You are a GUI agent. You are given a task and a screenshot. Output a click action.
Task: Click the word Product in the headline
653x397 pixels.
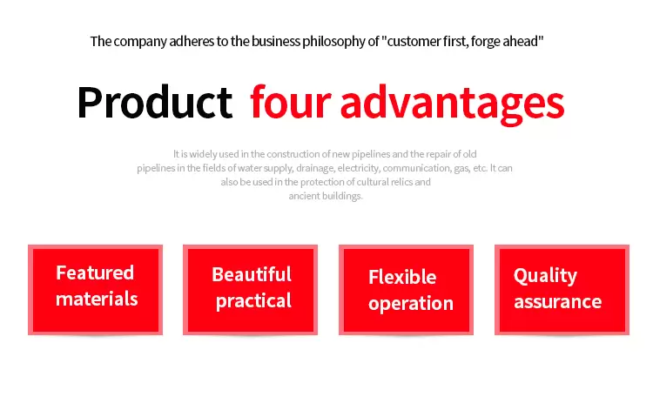tap(154, 103)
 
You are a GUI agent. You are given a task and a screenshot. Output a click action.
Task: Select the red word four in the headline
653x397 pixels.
tap(290, 102)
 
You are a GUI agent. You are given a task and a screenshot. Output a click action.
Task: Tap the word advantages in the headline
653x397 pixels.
tap(452, 104)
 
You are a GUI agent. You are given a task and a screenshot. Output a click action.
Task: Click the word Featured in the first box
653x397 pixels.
tap(95, 273)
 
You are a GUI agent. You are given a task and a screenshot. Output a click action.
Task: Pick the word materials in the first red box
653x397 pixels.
tap(97, 299)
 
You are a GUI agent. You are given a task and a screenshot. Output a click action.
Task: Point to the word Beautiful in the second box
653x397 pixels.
tap(252, 274)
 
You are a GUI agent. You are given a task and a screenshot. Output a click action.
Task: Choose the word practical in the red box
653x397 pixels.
tap(253, 301)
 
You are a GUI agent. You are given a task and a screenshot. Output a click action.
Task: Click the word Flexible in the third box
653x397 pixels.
tap(402, 277)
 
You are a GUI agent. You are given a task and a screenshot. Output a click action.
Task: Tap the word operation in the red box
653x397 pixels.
tap(411, 304)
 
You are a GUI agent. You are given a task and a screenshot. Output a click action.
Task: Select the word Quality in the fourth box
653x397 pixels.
tap(545, 276)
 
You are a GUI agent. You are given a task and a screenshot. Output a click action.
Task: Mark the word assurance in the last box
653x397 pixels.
tap(557, 301)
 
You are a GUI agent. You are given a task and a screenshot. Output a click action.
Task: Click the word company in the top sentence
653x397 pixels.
tap(140, 42)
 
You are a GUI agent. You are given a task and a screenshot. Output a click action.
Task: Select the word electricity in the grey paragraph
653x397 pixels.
tap(359, 168)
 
